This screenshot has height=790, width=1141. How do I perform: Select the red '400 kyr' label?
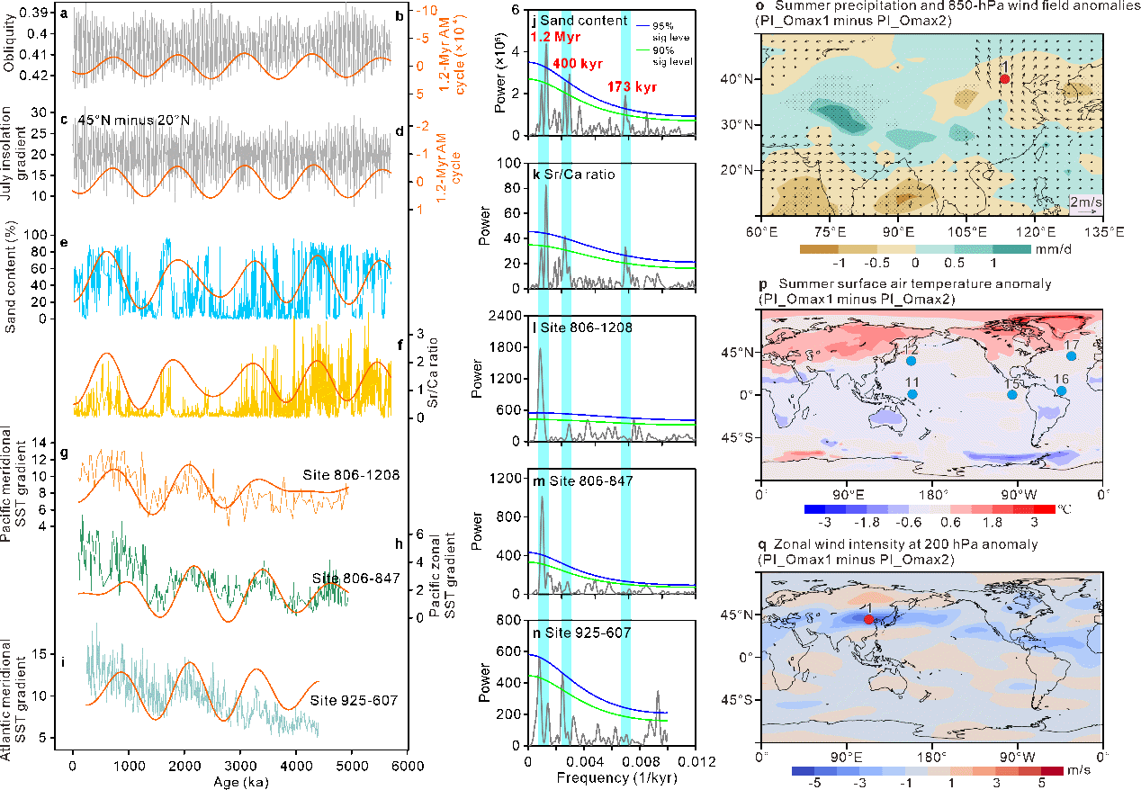tap(578, 64)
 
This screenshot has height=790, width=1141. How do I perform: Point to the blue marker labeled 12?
tap(912, 361)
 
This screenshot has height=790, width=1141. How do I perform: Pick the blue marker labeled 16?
tap(1061, 391)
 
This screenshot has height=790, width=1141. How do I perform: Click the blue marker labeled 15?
tap(1012, 395)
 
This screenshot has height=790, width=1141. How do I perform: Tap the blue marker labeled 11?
tap(912, 394)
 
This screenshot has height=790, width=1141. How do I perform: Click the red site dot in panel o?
tap(1004, 79)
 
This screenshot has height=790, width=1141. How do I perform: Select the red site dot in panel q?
tap(868, 619)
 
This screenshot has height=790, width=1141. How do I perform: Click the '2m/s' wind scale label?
tap(1082, 204)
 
